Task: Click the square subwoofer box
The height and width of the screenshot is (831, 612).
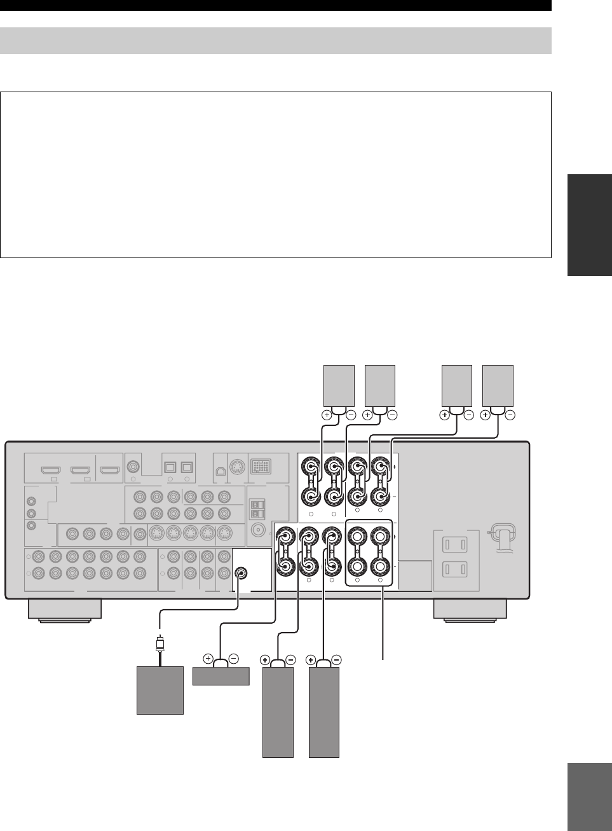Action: pyautogui.click(x=160, y=690)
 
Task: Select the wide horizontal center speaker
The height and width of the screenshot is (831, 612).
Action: pyautogui.click(x=221, y=676)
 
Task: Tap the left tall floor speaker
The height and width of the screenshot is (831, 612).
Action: pyautogui.click(x=278, y=711)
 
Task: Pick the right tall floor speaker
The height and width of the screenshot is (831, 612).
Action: pyautogui.click(x=324, y=711)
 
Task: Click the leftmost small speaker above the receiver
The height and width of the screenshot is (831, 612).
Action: pyautogui.click(x=339, y=385)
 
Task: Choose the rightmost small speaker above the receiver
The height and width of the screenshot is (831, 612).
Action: pyautogui.click(x=498, y=385)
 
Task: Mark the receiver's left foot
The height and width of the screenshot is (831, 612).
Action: pyautogui.click(x=65, y=610)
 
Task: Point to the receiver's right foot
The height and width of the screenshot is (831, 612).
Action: pyautogui.click(x=470, y=610)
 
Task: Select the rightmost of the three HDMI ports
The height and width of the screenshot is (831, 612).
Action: pyautogui.click(x=110, y=471)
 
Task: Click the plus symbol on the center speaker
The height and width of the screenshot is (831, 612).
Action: pyautogui.click(x=207, y=659)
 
